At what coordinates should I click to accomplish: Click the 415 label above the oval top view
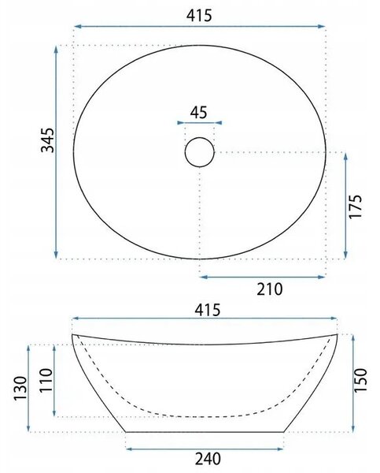click(199, 16)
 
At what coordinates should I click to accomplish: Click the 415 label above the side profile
click(208, 310)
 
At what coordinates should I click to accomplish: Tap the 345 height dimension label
click(47, 140)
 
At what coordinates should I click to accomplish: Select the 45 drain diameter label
click(199, 113)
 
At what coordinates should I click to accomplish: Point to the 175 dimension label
click(355, 207)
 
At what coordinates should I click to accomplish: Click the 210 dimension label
click(270, 289)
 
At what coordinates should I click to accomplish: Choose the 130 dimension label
click(20, 388)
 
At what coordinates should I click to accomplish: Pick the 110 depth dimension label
click(46, 380)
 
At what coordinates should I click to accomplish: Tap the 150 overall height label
click(360, 380)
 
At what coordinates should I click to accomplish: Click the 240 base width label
click(208, 459)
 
